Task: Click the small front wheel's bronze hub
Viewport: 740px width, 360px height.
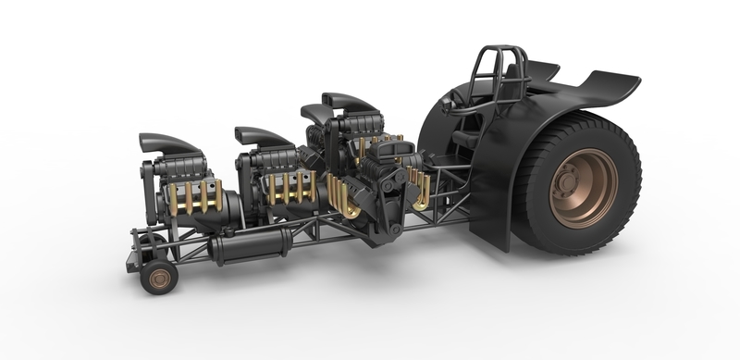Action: [158, 276]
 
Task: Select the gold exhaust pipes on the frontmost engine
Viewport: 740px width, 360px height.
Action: [191, 196]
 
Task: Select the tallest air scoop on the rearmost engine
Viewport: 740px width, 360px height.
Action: [349, 102]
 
